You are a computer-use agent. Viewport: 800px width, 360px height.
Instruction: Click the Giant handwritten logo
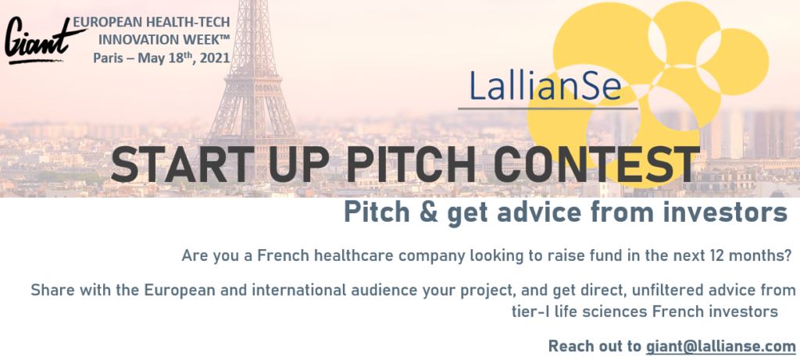coord(44,41)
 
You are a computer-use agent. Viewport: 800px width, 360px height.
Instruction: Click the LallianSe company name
coord(545,85)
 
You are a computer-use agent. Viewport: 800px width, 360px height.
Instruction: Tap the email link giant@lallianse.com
coord(721,346)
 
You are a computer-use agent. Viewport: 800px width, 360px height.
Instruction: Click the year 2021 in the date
coord(215,58)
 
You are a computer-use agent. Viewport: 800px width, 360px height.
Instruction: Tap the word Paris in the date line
coord(108,58)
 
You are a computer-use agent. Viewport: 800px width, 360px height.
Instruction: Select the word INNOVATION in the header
coord(131,40)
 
